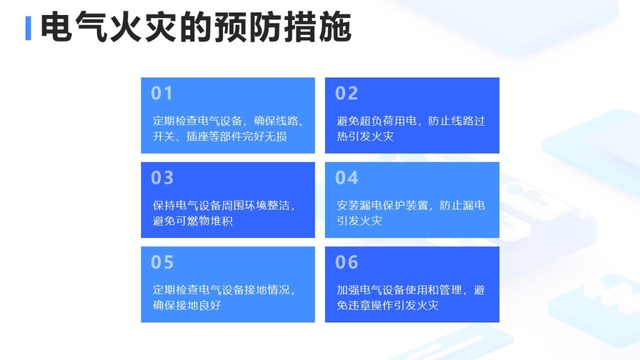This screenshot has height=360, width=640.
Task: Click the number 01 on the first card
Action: coord(162,93)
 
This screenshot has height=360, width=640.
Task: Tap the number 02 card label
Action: coord(346,93)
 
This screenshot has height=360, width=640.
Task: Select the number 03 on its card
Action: coord(162,177)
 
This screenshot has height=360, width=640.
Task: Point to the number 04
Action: coord(346,177)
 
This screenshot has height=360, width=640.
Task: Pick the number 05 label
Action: coord(162,262)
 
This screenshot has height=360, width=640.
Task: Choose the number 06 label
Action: coord(346,262)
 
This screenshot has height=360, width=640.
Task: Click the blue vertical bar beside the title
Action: coord(28,28)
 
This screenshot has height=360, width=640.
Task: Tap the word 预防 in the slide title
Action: coord(248,27)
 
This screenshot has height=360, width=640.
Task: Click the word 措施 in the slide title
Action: coord(317,27)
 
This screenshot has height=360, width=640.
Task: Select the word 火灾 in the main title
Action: coord(144,27)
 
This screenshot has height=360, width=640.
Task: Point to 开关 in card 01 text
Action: coord(164,136)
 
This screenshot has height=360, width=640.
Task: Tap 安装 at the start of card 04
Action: coord(347,205)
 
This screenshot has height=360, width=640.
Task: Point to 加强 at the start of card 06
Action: coord(347,290)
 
